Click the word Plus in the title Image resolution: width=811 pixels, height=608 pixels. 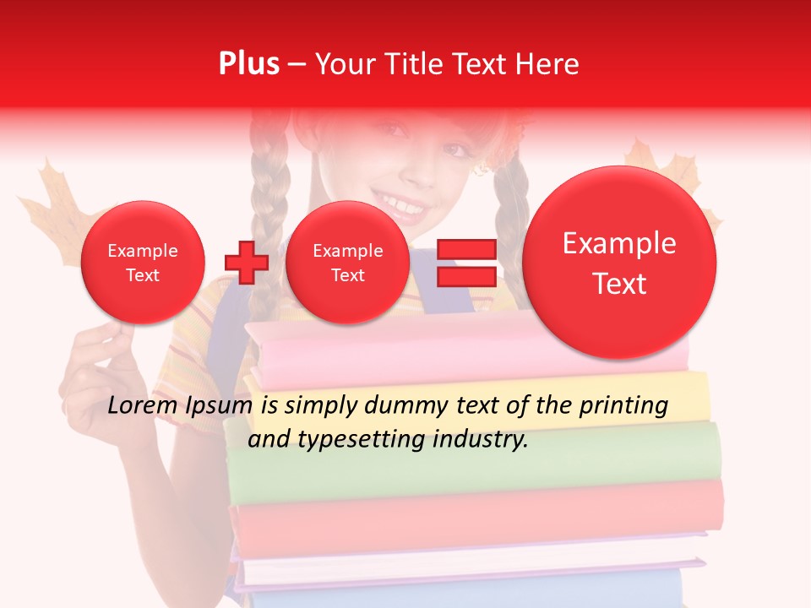point(248,64)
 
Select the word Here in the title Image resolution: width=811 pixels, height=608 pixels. point(547,64)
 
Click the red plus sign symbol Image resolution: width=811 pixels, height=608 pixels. point(247,263)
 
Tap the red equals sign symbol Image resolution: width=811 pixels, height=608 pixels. point(466,263)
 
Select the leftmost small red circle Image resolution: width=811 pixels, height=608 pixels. point(143,263)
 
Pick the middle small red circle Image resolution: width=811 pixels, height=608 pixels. point(347,263)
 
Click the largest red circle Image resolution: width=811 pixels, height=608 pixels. point(619,263)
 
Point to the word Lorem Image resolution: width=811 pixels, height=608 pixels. point(143,406)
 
